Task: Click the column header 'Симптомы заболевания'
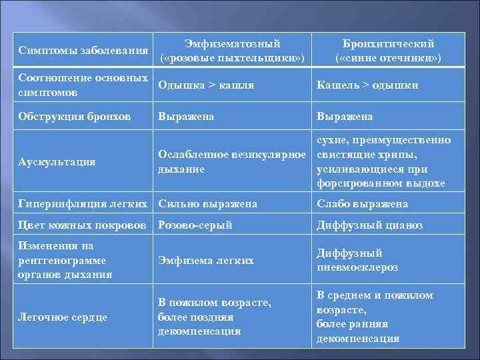(x=83, y=51)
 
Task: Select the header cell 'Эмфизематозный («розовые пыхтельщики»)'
(x=232, y=51)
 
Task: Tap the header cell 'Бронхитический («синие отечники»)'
(x=388, y=51)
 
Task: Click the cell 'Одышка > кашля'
(x=206, y=85)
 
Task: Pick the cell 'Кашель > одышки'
(x=367, y=85)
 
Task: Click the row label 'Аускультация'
(x=57, y=161)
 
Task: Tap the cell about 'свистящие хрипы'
(x=383, y=161)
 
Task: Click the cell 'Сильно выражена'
(x=207, y=203)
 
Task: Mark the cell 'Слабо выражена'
(x=362, y=203)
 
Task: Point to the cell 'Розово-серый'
(x=195, y=225)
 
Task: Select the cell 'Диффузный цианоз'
(x=369, y=225)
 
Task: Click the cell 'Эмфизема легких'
(x=206, y=260)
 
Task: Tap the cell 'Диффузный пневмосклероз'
(x=357, y=260)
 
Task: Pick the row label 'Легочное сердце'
(x=64, y=317)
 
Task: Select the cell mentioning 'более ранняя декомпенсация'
(x=375, y=317)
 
